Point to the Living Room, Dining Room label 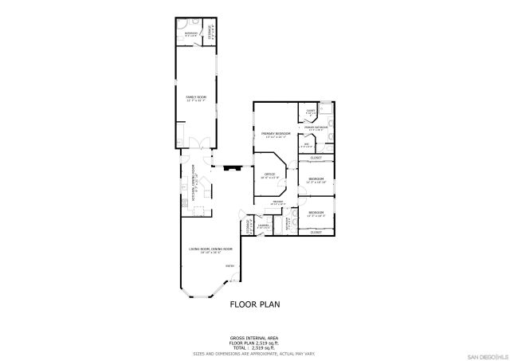tap(210, 250)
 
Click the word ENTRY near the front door tap(229, 266)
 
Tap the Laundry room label tap(261, 226)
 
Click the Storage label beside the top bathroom tap(210, 34)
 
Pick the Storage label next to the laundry tap(249, 226)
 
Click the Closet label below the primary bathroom tap(316, 158)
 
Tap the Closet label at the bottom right tap(316, 233)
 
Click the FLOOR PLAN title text tap(254, 304)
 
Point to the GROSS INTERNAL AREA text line tap(254, 338)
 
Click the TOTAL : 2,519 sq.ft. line tap(254, 347)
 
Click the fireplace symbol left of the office tap(232, 168)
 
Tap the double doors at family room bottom tap(202, 143)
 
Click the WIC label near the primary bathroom tap(306, 146)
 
